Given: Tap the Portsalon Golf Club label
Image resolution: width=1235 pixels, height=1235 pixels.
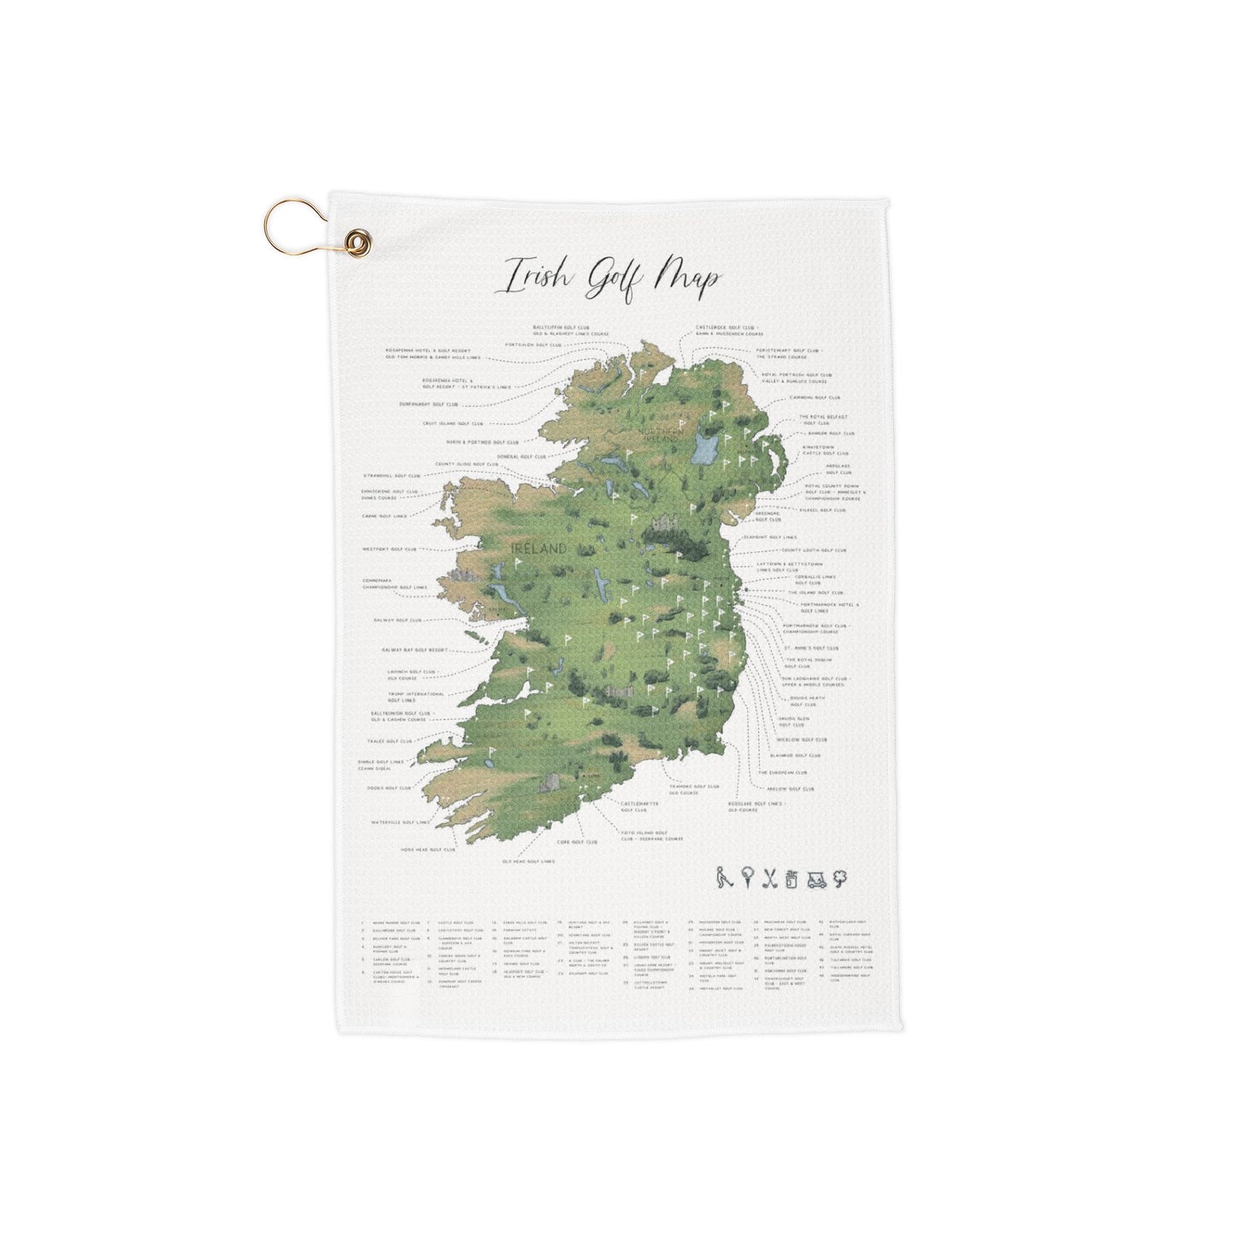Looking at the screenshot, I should point(532,344).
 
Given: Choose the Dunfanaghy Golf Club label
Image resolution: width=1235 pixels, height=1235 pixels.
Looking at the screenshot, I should point(428,404).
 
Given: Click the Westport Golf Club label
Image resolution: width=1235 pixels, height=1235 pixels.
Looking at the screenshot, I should point(390,550).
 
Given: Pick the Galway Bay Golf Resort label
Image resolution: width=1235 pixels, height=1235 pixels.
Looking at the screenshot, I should point(415,650).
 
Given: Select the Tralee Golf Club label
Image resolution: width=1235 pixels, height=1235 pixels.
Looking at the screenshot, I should point(390,741).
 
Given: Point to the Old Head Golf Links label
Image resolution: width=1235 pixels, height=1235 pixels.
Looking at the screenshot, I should point(528,862).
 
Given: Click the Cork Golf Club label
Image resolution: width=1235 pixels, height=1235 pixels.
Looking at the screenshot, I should point(577,842).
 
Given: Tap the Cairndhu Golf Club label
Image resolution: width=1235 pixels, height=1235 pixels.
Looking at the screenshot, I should point(815,397).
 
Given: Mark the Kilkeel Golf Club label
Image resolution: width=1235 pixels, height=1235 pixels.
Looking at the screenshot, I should point(822,510).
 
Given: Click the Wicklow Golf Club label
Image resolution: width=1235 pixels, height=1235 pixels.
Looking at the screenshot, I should point(802,740).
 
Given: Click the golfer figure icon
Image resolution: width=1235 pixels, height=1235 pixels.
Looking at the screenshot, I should point(725,878).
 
